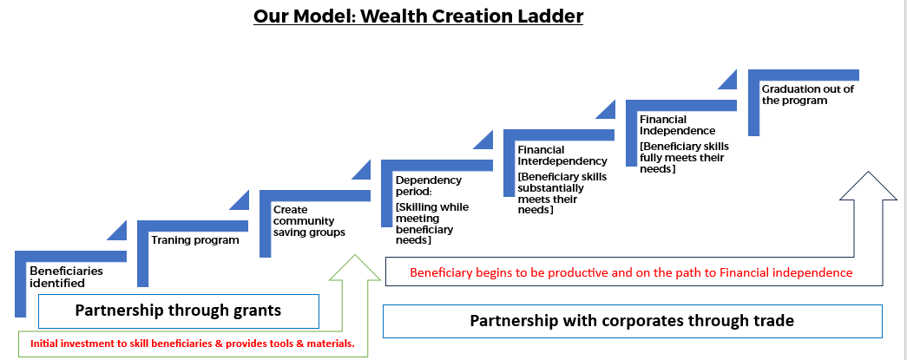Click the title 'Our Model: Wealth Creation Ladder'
[x=418, y=16]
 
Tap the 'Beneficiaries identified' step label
[x=66, y=276]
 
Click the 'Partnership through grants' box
[x=179, y=310]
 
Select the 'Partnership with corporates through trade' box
[x=632, y=320]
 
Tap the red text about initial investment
[x=192, y=344]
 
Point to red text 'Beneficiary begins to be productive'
[x=631, y=272]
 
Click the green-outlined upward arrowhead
[x=355, y=269]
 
